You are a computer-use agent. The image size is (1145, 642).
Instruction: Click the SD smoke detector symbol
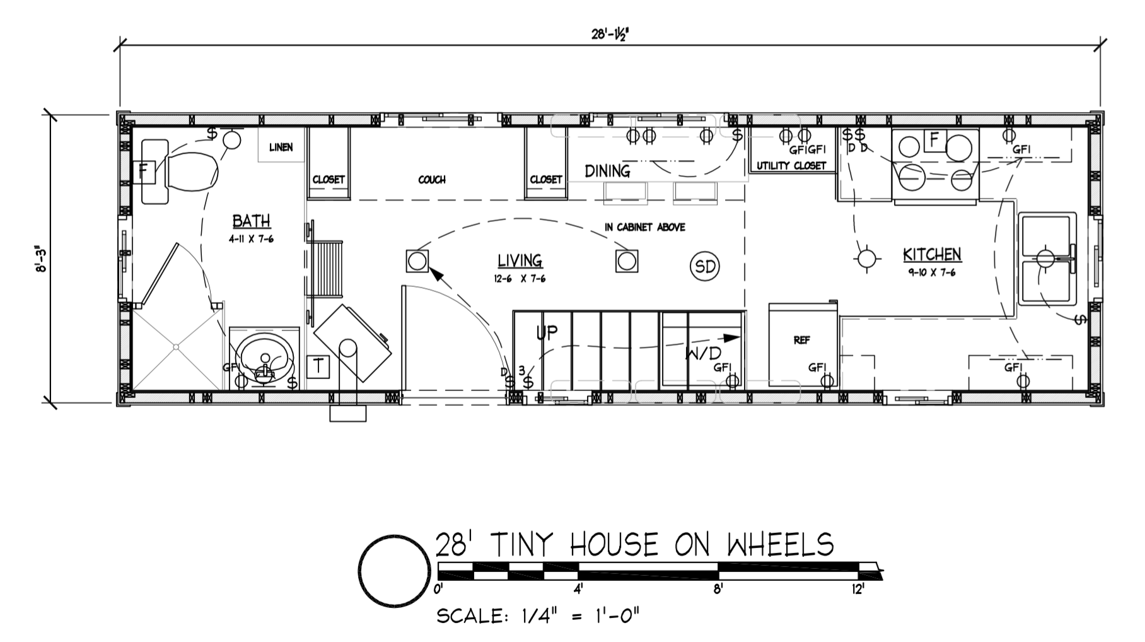[705, 266]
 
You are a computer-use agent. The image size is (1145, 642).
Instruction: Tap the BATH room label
[252, 221]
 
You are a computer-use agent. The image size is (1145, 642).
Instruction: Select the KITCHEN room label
[932, 254]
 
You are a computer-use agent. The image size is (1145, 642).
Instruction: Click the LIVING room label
[520, 260]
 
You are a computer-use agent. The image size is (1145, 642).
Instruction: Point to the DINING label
[607, 171]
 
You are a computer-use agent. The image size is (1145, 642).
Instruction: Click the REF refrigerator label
[801, 340]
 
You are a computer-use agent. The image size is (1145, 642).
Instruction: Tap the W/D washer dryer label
[703, 353]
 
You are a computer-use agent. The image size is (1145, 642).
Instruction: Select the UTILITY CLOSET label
[791, 166]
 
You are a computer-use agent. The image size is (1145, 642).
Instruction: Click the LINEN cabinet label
[281, 148]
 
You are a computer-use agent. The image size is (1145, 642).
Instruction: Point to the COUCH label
[432, 180]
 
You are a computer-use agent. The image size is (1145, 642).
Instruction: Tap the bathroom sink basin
[267, 358]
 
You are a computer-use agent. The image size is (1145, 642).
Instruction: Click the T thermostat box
[318, 366]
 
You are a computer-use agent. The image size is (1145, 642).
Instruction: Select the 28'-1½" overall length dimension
[610, 35]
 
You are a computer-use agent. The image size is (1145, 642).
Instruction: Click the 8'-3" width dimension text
[42, 259]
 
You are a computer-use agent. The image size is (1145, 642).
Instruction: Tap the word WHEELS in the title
[780, 544]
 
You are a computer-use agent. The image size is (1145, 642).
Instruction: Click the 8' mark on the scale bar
[718, 590]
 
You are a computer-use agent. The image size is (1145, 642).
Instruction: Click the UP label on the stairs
[547, 332]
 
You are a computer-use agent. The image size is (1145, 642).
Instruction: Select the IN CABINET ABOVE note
[644, 227]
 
